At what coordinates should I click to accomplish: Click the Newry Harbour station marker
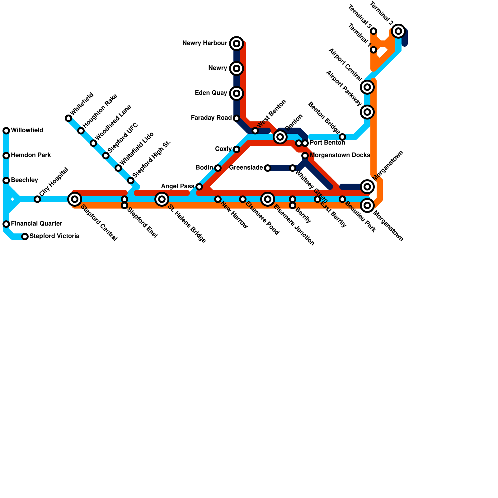[x=237, y=44]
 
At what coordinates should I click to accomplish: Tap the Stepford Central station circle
[x=75, y=199]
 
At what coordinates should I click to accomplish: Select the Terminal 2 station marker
[x=398, y=31]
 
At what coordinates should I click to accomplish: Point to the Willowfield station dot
[x=6, y=131]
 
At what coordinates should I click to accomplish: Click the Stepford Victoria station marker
[x=25, y=237]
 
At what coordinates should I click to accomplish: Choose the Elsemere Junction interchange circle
[x=268, y=199]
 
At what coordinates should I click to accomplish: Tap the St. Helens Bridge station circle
[x=162, y=199]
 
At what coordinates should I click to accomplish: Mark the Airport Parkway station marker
[x=367, y=112]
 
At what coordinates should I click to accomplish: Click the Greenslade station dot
[x=268, y=168]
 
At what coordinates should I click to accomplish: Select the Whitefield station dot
[x=68, y=118]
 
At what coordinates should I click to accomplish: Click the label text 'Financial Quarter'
[x=36, y=224]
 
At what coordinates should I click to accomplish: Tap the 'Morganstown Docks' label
[x=340, y=155]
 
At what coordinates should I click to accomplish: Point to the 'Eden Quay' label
[x=211, y=93]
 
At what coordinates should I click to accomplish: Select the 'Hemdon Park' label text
[x=31, y=155]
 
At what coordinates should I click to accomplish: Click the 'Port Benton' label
[x=327, y=143]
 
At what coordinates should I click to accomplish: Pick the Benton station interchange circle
[x=280, y=137]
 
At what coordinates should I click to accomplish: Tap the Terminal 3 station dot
[x=374, y=31]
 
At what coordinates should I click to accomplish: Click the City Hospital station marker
[x=37, y=199]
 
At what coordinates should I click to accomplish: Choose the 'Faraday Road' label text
[x=211, y=118]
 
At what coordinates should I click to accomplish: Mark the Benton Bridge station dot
[x=342, y=137]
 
